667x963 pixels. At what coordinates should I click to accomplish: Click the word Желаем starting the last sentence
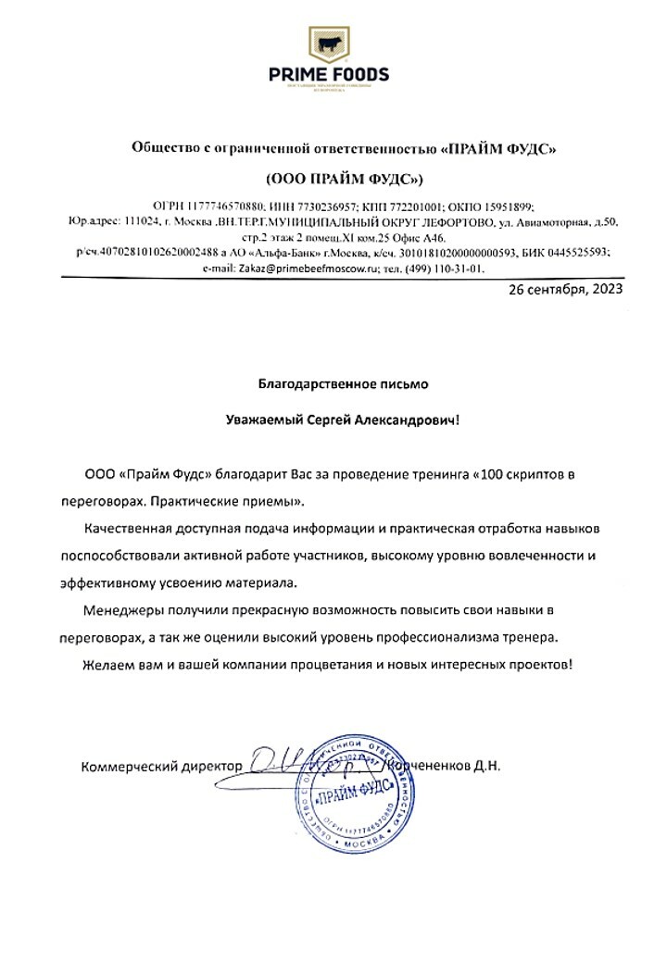107,665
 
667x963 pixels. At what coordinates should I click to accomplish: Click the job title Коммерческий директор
161,767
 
